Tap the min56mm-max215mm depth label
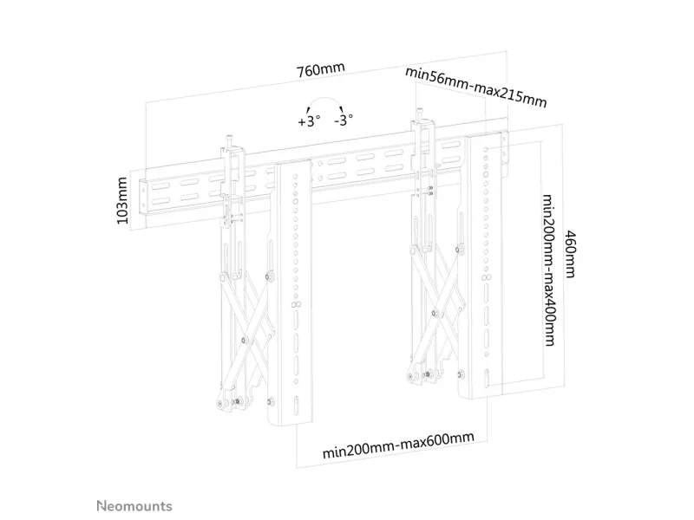click(475, 86)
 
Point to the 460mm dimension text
click(569, 253)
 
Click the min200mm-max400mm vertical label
click(547, 270)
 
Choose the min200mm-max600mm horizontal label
click(398, 444)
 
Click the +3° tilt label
click(309, 121)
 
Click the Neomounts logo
click(134, 505)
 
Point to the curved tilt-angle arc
click(326, 102)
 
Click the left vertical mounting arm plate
click(293, 295)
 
